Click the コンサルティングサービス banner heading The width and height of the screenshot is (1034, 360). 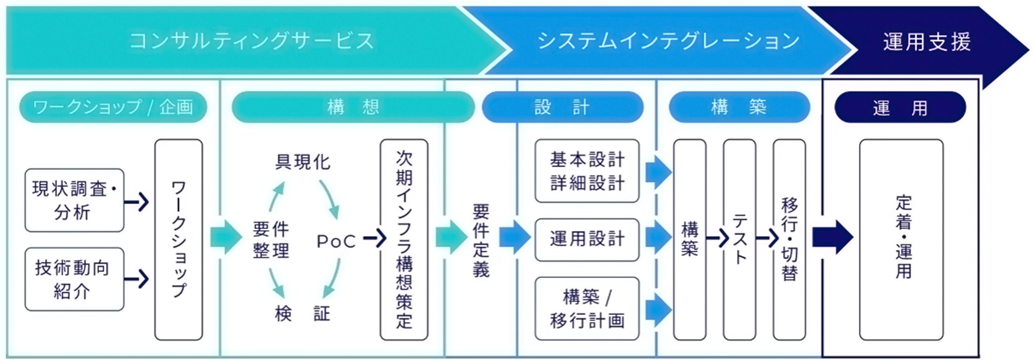(252, 41)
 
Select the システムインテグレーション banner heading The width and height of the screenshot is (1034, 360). (668, 41)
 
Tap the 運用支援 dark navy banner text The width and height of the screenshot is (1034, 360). (926, 42)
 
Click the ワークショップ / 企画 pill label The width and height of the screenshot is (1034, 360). (113, 107)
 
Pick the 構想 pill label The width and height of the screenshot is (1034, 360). (353, 107)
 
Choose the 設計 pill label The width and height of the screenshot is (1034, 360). (562, 107)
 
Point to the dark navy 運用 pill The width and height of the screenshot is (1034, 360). (900, 108)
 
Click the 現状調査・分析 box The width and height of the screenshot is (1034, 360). (74, 200)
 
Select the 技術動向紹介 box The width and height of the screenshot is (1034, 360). (74, 279)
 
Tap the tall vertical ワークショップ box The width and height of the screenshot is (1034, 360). (179, 239)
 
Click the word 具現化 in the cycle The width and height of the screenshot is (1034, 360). (302, 162)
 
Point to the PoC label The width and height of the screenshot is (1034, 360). (336, 241)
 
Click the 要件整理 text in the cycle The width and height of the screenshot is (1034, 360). (271, 239)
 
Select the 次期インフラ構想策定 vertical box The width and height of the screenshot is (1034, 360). (404, 239)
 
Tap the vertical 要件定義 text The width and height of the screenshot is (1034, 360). (481, 241)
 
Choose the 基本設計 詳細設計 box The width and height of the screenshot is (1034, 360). (587, 171)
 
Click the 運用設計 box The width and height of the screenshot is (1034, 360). (587, 239)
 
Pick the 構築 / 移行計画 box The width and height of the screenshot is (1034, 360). (587, 308)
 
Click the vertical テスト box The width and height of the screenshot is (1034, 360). (739, 239)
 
